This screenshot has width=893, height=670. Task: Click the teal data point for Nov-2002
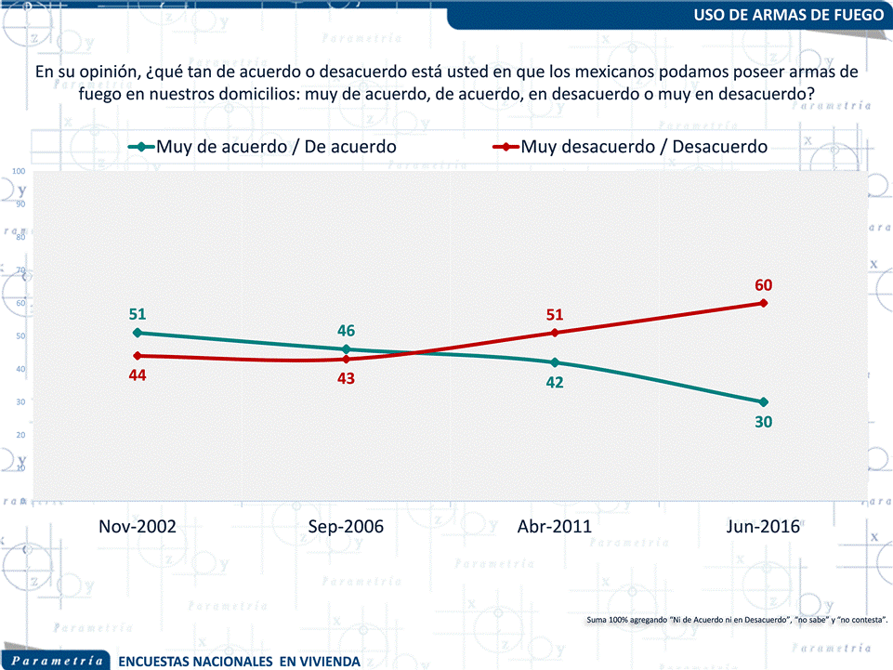[x=138, y=333]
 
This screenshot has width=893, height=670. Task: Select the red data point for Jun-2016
[x=764, y=303]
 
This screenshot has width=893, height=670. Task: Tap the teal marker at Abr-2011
[x=555, y=362]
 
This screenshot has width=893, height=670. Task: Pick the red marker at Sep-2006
[x=346, y=359]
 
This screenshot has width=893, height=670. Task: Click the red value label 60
[x=764, y=285]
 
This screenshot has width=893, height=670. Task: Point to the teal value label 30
[x=764, y=422]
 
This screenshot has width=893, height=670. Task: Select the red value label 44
[x=138, y=375]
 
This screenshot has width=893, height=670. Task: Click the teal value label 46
[x=346, y=331]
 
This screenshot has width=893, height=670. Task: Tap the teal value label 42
[x=555, y=382]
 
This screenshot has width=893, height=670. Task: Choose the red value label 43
[x=346, y=378]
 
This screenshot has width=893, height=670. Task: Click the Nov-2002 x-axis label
[x=138, y=526]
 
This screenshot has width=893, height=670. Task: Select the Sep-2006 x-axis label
[x=346, y=526]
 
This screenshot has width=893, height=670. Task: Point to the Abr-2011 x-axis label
[x=555, y=526]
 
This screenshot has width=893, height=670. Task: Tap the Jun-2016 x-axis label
[x=764, y=526]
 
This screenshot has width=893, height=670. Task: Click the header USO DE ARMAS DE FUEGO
[x=787, y=15]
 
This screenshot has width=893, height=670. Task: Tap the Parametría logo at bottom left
[x=58, y=661]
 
